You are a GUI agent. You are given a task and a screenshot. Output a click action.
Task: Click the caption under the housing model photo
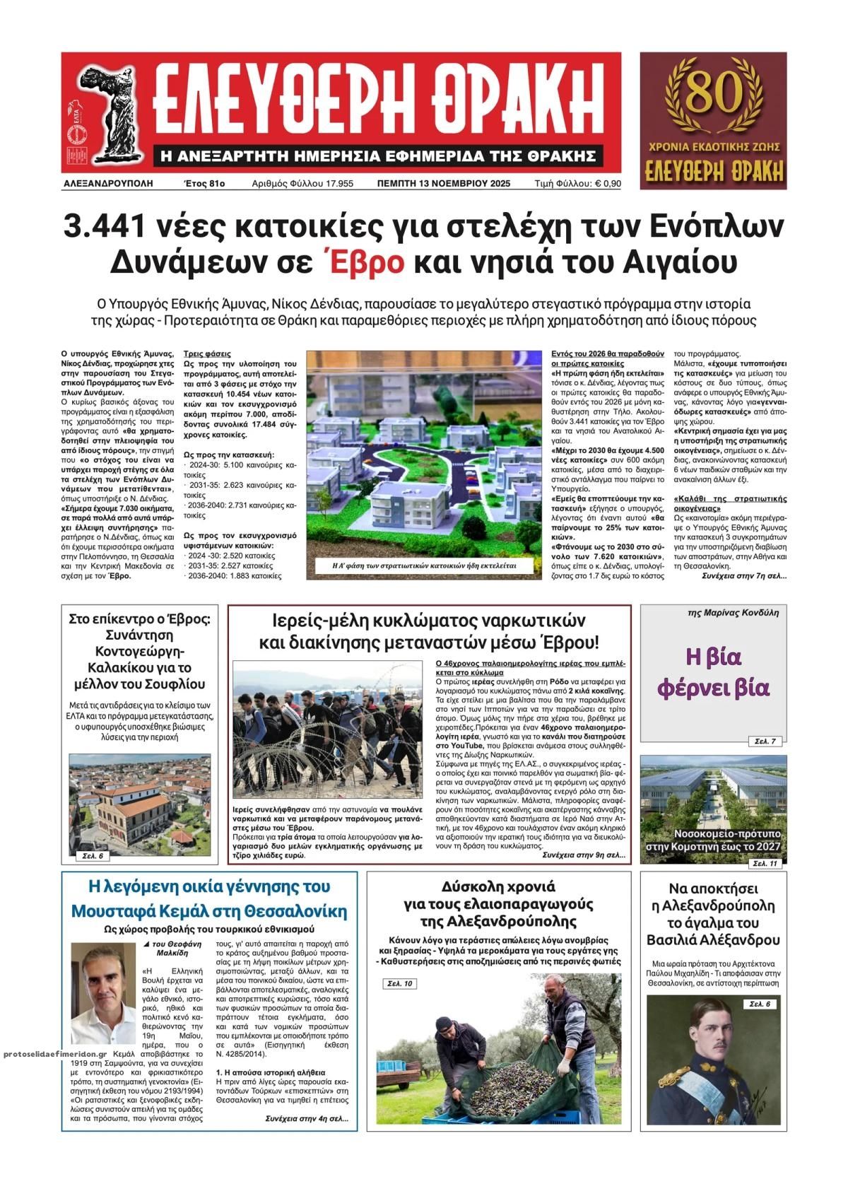point(424,565)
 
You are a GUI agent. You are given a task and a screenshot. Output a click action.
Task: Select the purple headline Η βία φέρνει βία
point(713,672)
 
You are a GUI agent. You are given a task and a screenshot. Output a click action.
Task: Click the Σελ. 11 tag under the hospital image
point(765,864)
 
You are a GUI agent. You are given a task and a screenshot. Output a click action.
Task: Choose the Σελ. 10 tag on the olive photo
point(400,983)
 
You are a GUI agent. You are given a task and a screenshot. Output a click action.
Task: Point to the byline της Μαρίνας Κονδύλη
point(732,613)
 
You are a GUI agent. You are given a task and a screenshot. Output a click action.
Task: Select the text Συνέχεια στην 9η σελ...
point(583,855)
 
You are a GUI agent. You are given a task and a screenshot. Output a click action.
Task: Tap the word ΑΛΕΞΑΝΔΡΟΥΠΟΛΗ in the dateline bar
point(108,184)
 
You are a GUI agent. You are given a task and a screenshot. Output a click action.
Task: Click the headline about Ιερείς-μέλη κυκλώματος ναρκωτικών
point(429,631)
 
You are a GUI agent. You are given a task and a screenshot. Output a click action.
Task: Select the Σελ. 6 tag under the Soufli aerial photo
point(93,856)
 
